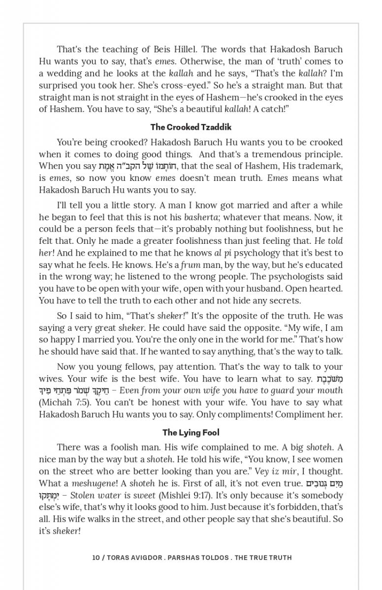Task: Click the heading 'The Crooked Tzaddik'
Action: click(x=191, y=127)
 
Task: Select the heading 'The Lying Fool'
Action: click(x=191, y=433)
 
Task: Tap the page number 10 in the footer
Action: click(x=95, y=558)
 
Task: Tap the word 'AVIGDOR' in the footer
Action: click(x=141, y=558)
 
